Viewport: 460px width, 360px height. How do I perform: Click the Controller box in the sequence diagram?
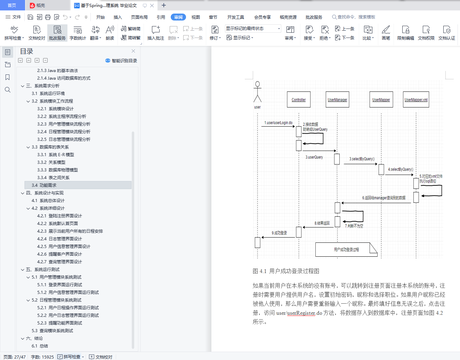point(299,100)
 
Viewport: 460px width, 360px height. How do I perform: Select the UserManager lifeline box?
point(337,100)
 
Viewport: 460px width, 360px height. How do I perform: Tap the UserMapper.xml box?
point(416,100)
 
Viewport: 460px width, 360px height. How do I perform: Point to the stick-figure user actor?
point(257,93)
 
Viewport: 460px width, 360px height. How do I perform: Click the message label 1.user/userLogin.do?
point(278,123)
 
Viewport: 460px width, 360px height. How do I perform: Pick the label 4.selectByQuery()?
point(401,169)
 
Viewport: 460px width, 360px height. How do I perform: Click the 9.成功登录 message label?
point(279,233)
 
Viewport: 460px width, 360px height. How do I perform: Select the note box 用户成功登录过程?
point(346,249)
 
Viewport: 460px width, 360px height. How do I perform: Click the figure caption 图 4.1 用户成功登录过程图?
point(286,271)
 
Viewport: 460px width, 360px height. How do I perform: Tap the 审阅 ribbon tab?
point(178,17)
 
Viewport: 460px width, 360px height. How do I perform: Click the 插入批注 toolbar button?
point(155,33)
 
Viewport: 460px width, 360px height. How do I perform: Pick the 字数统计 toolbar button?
point(78,33)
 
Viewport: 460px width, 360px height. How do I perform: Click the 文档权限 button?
point(426,33)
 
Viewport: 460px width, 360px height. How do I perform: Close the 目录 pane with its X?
point(133,51)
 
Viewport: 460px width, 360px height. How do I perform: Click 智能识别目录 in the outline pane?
point(121,61)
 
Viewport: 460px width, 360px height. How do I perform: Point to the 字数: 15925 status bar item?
point(42,357)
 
